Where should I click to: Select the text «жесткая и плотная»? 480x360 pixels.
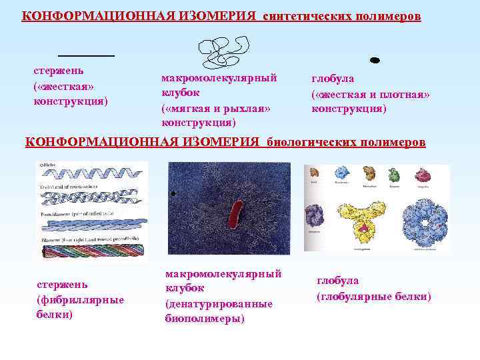click(x=371, y=94)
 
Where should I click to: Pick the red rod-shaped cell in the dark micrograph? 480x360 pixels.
click(x=234, y=213)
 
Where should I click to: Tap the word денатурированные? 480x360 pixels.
click(x=219, y=303)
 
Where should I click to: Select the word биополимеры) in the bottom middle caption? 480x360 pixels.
click(x=205, y=318)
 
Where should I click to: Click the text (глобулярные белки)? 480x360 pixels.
click(x=374, y=295)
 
